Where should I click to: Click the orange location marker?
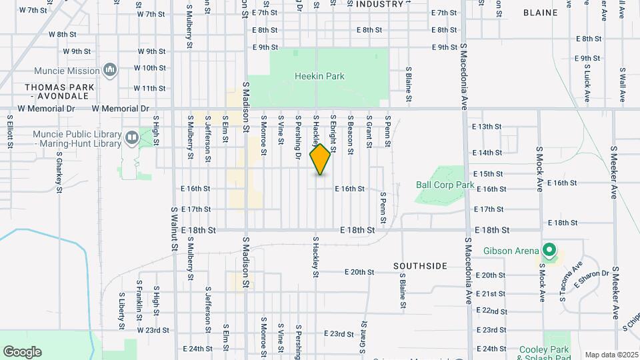tap(321, 159)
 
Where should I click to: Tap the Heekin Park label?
tap(319, 76)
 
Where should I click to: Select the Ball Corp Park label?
tap(445, 185)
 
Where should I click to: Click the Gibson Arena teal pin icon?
tap(549, 251)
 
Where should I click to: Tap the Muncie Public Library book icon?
tap(131, 138)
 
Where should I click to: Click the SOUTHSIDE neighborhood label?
tap(420, 266)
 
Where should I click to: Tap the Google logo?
tap(22, 351)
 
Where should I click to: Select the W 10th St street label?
tap(149, 68)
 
